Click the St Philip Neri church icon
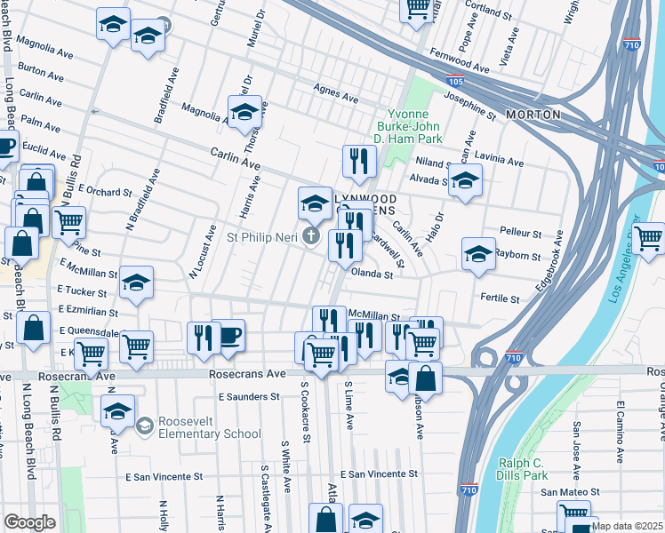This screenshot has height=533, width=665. coord(310,236)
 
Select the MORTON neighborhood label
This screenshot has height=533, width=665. coord(533,115)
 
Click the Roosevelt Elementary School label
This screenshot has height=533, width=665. coord(210,427)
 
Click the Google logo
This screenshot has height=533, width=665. coord(29,522)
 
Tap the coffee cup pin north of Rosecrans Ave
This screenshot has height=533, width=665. coord(228,336)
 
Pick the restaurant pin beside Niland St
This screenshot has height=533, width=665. coord(359,161)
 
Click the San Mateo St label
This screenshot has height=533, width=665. coord(571,491)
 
